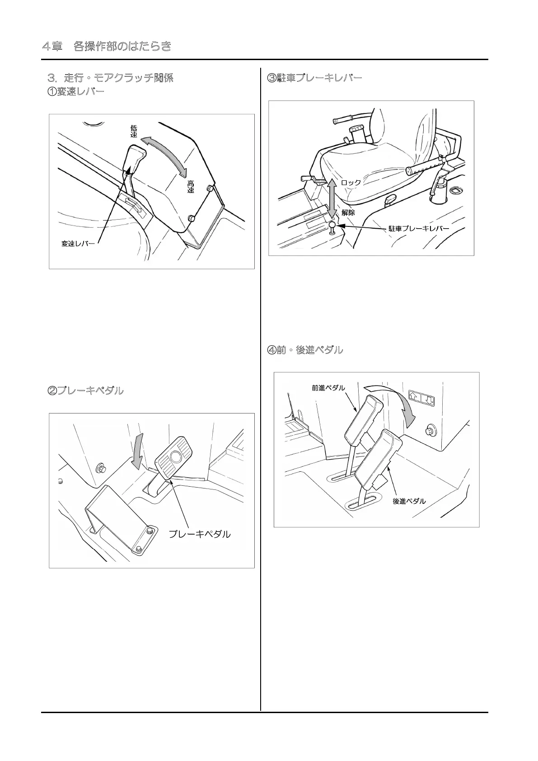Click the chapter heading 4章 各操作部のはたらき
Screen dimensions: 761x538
click(x=107, y=46)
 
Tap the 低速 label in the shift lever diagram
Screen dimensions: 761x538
click(x=134, y=132)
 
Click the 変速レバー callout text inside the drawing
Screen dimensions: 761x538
click(x=78, y=244)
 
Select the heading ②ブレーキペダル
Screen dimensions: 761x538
click(x=85, y=391)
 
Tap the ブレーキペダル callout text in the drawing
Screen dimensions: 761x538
click(x=199, y=534)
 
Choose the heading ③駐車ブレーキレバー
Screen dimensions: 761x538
click(x=315, y=78)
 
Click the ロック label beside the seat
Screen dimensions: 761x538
click(x=351, y=183)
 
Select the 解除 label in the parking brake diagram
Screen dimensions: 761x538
click(x=348, y=212)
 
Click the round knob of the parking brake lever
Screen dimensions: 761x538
click(x=332, y=225)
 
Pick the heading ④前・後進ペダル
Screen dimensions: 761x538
click(x=305, y=350)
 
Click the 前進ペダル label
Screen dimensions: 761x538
click(x=328, y=388)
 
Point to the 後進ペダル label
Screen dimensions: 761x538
click(x=409, y=501)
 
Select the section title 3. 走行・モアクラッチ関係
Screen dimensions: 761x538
click(x=111, y=78)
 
